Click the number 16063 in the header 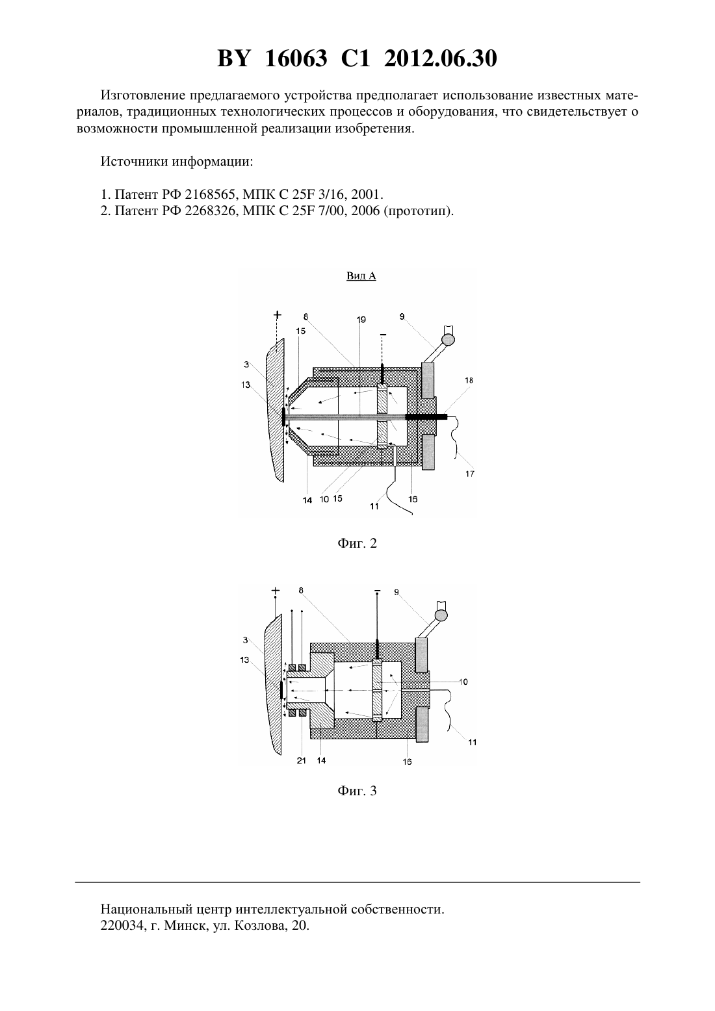coord(296,58)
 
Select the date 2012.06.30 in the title coord(441,58)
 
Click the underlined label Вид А coord(361,275)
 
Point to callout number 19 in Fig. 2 coord(361,320)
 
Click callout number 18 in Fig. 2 coord(469,380)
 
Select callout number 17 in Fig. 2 coord(470,474)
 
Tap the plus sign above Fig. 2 coord(277,314)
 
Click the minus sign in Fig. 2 coord(383,335)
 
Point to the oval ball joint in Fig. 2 coord(448,339)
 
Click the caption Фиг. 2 coord(357,543)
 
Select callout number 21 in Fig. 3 coord(302,760)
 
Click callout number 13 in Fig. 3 coord(244,660)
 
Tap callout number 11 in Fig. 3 coord(472,742)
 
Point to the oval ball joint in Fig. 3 coord(441,615)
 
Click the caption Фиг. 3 coord(357,791)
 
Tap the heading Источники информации coord(177,162)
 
